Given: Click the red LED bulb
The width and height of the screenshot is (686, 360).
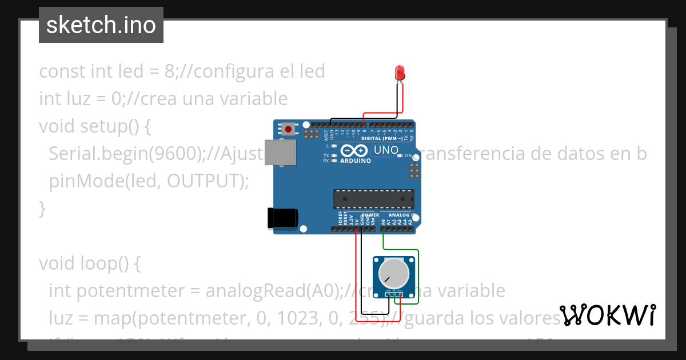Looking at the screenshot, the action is click(x=400, y=73).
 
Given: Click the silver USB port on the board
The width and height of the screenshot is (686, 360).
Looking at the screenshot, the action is click(x=281, y=153).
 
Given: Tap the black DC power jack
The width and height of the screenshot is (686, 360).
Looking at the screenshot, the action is click(x=282, y=217).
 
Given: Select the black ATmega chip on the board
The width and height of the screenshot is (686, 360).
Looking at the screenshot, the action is click(x=374, y=198).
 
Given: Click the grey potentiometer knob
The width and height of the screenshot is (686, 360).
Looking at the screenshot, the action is click(x=394, y=273).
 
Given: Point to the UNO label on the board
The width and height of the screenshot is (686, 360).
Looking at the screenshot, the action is click(x=385, y=150).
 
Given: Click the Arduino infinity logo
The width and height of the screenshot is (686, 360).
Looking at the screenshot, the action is click(x=355, y=151).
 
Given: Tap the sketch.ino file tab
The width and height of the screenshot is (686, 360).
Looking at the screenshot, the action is click(x=101, y=25).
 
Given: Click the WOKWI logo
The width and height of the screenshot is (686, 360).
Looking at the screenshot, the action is click(x=608, y=315).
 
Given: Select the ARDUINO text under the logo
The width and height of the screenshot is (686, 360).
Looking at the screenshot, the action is click(x=355, y=161).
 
